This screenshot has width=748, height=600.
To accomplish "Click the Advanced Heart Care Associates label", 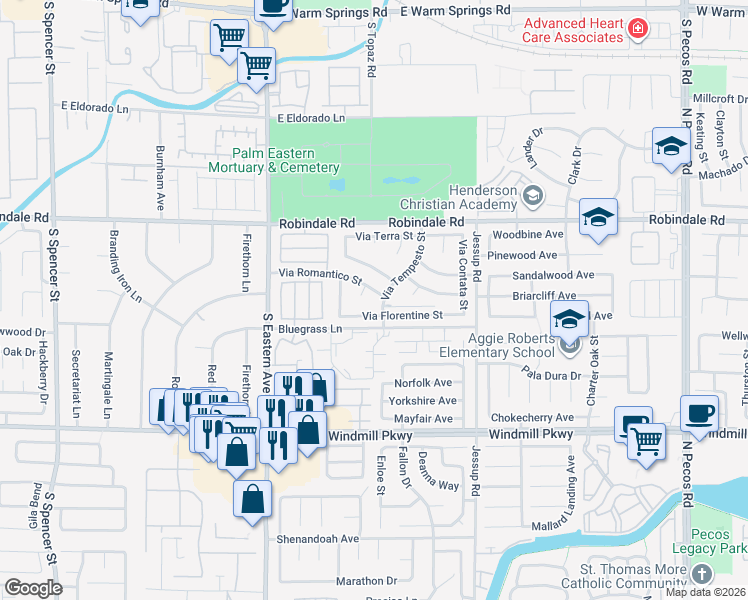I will (x=573, y=30).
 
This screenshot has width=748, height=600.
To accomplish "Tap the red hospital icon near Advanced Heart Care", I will (x=637, y=31).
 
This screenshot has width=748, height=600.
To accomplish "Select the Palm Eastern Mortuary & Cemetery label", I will (x=273, y=160).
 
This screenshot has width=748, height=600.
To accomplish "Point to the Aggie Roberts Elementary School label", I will (x=497, y=346).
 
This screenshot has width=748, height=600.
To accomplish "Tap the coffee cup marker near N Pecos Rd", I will (x=699, y=413).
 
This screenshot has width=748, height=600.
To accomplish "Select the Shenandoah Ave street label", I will (x=318, y=538).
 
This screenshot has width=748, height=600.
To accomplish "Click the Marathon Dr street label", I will (x=367, y=580).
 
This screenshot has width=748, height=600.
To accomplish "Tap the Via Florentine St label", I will (x=402, y=316).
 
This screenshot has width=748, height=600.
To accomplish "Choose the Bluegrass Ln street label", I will (x=310, y=328).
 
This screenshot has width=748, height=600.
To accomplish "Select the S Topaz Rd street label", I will (x=370, y=58).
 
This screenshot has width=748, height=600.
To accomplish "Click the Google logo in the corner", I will (x=33, y=588).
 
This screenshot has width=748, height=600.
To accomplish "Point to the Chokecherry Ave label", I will (x=532, y=418).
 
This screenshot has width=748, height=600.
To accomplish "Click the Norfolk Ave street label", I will (x=423, y=383).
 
